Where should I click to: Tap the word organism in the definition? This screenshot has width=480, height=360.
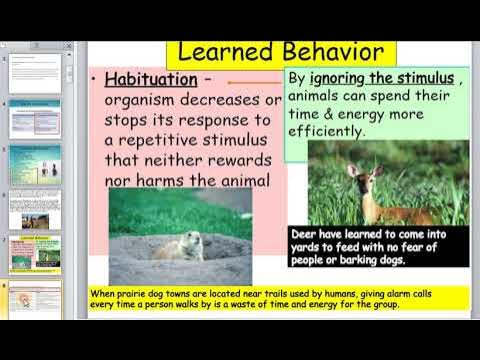[146, 100]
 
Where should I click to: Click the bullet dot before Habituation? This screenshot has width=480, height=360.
[93, 79]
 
